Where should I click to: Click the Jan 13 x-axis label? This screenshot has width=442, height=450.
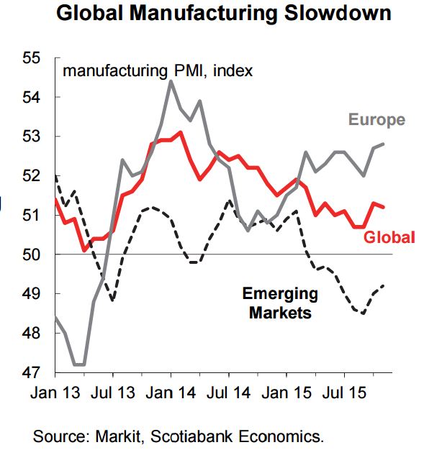55,395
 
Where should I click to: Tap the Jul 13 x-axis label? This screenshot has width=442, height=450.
113,395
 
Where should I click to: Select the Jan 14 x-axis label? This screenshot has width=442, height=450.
171,395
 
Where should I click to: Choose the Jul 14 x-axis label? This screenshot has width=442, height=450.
229,395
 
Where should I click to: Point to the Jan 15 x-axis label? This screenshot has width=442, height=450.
287,395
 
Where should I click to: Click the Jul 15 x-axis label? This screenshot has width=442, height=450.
344,395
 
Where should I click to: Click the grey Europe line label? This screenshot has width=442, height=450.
376,119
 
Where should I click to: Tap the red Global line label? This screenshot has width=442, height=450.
389,237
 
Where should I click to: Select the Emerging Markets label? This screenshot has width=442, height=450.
280,303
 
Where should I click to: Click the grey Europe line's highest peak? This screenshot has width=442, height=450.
171,81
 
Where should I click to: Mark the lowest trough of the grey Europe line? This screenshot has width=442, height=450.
79,364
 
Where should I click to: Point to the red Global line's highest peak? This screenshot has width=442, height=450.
181,132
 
